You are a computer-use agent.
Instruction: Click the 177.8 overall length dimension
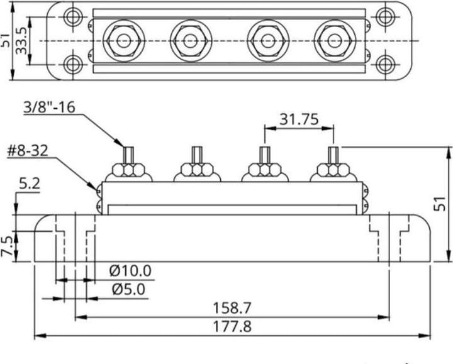click(234, 327)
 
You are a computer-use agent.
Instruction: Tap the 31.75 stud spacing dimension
click(299, 119)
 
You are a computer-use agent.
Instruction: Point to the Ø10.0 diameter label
click(130, 271)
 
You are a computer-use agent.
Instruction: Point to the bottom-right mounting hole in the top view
click(385, 63)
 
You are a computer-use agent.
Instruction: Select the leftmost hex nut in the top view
click(121, 40)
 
